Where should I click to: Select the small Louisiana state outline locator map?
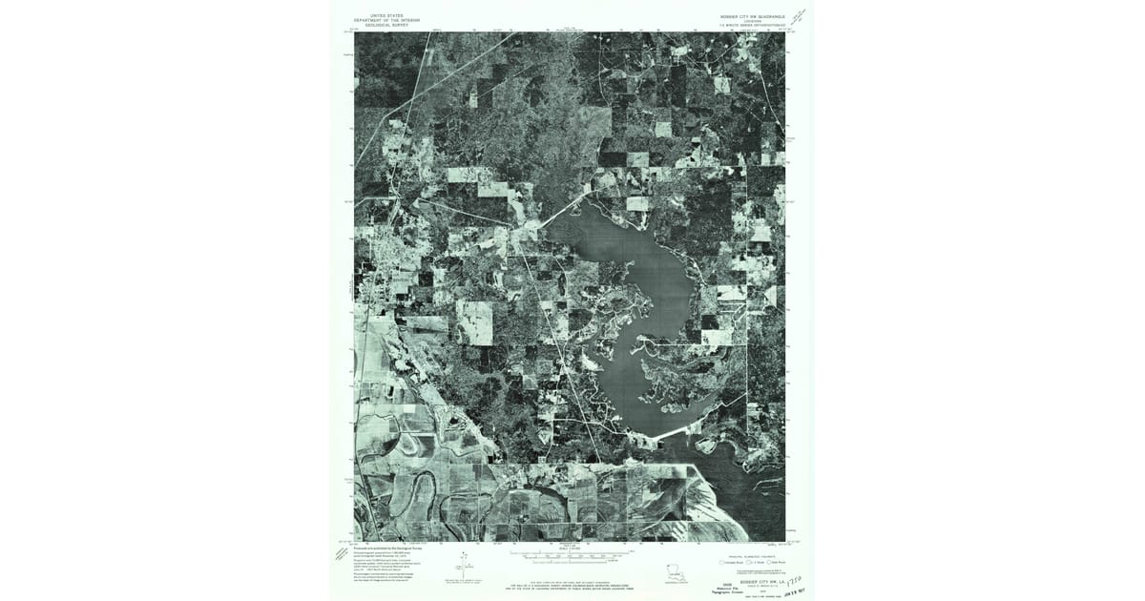pos(676,573)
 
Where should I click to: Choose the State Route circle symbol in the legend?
pos(769,563)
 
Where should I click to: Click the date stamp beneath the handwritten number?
pos(794,589)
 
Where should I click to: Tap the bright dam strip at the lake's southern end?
pos(685,430)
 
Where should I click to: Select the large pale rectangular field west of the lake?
pos(474,322)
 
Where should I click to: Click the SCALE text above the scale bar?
pos(571,547)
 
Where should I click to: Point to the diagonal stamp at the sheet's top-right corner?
pos(798,16)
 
